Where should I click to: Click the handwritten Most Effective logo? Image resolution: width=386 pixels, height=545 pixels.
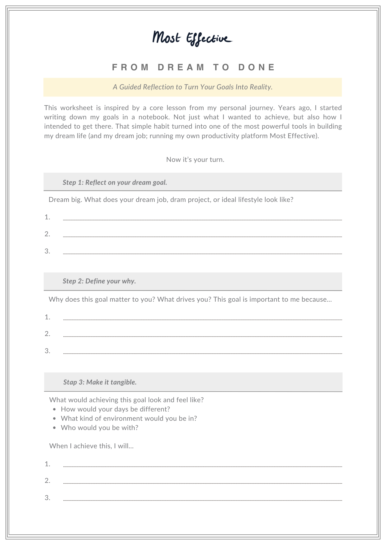click(192, 38)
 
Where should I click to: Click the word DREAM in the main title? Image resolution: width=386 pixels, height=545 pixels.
click(181, 67)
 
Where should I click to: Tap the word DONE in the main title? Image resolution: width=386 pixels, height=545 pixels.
click(257, 67)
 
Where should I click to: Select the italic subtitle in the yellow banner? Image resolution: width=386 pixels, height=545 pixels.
click(193, 87)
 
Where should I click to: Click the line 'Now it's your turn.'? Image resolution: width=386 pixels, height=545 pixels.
click(195, 159)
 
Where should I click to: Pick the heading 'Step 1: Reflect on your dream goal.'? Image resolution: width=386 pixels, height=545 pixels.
click(115, 182)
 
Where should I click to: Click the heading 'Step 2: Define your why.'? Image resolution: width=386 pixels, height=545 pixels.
click(99, 281)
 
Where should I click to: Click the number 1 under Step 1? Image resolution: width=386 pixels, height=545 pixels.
click(47, 217)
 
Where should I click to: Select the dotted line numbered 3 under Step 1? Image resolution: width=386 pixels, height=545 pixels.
click(202, 253)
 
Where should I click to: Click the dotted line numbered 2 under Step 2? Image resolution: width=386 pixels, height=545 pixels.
click(202, 336)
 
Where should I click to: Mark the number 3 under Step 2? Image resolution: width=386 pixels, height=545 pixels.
click(47, 351)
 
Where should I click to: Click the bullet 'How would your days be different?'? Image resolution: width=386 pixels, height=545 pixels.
click(115, 409)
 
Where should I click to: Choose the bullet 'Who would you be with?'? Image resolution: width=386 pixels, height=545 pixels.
click(99, 428)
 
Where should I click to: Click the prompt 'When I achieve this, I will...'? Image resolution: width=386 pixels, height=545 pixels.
click(91, 446)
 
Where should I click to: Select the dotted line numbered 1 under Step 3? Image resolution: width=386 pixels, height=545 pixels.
click(202, 467)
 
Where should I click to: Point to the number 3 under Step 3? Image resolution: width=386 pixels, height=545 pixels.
click(47, 498)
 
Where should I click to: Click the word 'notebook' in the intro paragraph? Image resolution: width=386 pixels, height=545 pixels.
click(154, 117)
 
